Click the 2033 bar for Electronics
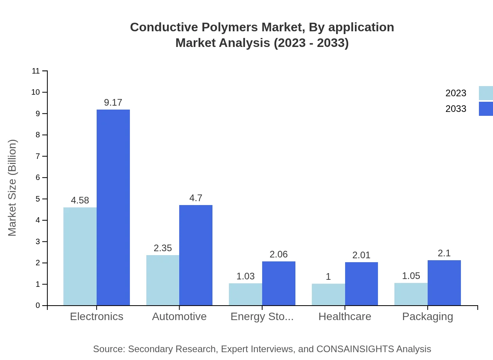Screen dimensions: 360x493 (113, 207)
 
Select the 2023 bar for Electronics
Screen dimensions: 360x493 (80, 256)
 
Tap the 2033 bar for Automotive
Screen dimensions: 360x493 (196, 255)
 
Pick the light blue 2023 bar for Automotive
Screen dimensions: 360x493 (163, 280)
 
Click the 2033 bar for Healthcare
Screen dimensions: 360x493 (362, 284)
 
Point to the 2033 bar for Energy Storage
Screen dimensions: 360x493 (279, 283)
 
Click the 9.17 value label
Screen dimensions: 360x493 (113, 103)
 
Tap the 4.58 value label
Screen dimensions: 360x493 (80, 200)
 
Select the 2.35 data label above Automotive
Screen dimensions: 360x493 (163, 248)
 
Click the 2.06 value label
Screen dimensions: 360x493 (279, 254)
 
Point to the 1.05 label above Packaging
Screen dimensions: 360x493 (411, 276)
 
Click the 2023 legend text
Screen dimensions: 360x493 (456, 93)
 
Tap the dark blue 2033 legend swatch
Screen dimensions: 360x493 (486, 109)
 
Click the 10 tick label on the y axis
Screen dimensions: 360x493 (36, 92)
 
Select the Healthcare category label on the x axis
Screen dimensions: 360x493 (345, 317)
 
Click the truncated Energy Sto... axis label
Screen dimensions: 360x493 (262, 317)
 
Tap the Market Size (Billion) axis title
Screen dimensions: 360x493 (13, 188)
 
